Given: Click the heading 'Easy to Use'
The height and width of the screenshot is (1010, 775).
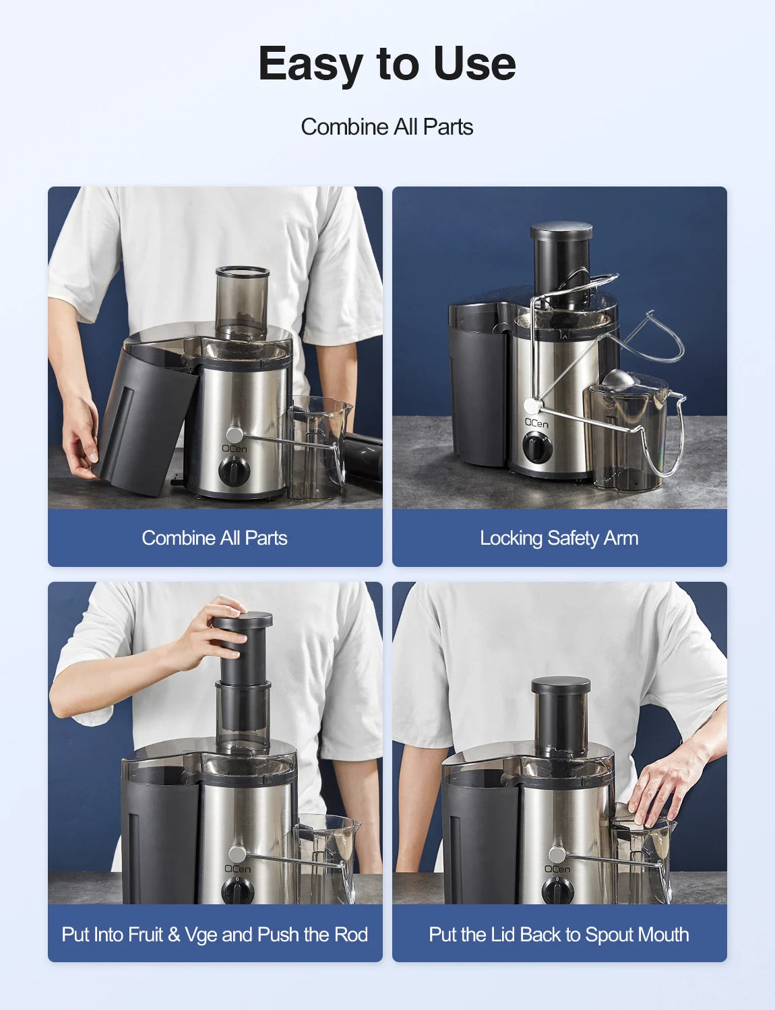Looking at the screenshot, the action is (x=387, y=64).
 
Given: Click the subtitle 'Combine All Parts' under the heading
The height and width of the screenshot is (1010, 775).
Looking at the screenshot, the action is (x=387, y=127).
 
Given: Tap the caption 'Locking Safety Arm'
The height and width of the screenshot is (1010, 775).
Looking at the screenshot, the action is (x=559, y=538).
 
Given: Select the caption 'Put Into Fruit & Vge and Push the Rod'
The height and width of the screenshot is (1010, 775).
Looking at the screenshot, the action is (x=215, y=934).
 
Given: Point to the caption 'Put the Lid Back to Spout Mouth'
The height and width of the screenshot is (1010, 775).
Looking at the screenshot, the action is (x=559, y=934).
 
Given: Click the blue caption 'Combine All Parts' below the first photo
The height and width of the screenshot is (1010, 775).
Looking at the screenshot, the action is (x=215, y=538).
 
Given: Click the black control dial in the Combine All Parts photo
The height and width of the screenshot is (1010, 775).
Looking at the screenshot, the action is (x=234, y=471).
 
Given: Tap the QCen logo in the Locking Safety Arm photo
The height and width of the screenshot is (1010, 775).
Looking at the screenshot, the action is (x=537, y=423).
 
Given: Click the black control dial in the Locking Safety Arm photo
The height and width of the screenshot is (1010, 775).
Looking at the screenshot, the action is (x=537, y=447).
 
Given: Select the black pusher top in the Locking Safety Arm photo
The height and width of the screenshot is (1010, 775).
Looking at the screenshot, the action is (x=561, y=231).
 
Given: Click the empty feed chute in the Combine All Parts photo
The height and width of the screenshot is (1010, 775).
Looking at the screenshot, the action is (x=242, y=302).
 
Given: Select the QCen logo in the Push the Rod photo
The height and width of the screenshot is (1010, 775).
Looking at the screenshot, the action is (x=237, y=868).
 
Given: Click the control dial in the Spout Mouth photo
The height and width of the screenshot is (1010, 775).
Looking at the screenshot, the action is (x=557, y=891).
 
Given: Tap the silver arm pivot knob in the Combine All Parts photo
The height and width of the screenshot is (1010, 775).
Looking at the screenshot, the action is (x=235, y=435).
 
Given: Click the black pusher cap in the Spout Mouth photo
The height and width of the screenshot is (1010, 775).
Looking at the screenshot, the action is (x=561, y=685).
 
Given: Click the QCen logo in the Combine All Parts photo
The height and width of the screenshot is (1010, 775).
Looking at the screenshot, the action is (x=235, y=448).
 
